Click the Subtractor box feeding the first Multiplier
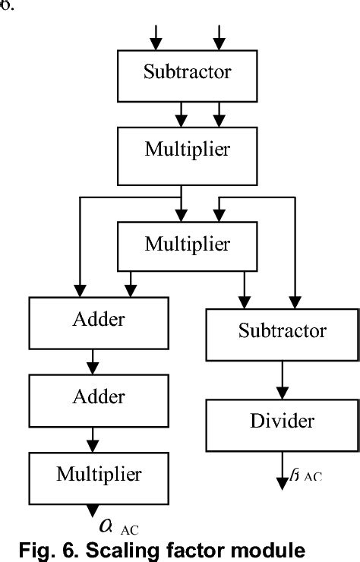tap(187, 73)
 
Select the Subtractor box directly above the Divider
tap(283, 331)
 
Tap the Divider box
tap(283, 421)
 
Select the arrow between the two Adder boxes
tap(93, 358)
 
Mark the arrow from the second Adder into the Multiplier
tap(93, 437)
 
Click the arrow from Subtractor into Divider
tap(283, 377)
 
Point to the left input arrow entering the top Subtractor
tap(156, 35)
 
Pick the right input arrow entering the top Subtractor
tap(219, 35)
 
